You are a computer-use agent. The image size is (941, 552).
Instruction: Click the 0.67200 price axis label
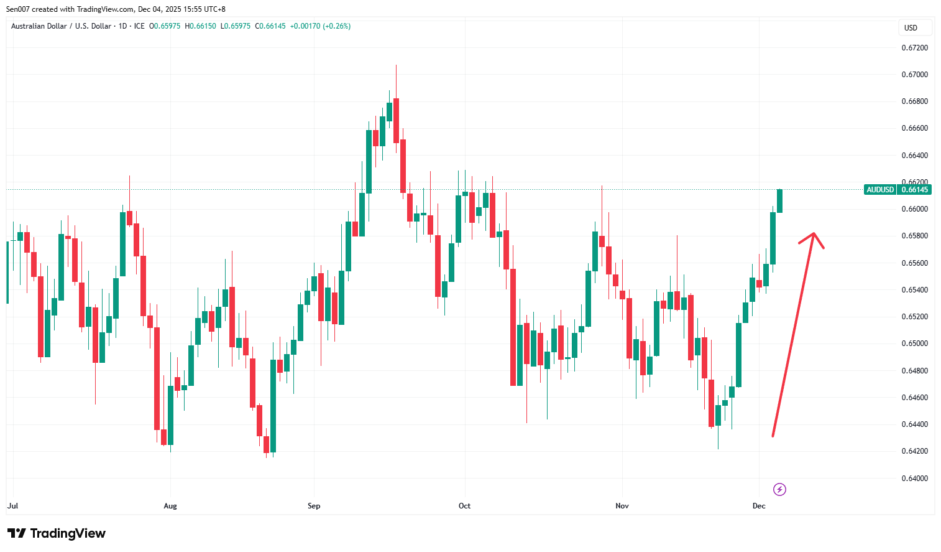pyautogui.click(x=914, y=48)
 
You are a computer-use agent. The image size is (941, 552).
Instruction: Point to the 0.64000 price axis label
pyautogui.click(x=914, y=479)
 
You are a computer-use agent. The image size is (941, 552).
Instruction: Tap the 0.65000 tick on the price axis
pyautogui.click(x=914, y=344)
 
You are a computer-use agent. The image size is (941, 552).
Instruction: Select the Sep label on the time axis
pyautogui.click(x=314, y=506)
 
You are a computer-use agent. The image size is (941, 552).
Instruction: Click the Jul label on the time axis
pyautogui.click(x=12, y=506)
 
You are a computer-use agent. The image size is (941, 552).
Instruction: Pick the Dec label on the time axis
pyautogui.click(x=759, y=506)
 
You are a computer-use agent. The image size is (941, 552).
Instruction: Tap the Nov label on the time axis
pyautogui.click(x=622, y=506)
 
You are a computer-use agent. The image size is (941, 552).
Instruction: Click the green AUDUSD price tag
pyautogui.click(x=880, y=190)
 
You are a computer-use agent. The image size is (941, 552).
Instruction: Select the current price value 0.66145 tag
pyautogui.click(x=914, y=190)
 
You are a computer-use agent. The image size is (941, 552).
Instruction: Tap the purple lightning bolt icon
pyautogui.click(x=779, y=490)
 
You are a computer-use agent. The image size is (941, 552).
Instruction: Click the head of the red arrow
pyautogui.click(x=814, y=235)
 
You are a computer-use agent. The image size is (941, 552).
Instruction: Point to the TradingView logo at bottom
pyautogui.click(x=57, y=533)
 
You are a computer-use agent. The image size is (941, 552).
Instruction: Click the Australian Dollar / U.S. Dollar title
pyautogui.click(x=61, y=26)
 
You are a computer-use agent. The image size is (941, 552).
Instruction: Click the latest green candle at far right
pyautogui.click(x=779, y=201)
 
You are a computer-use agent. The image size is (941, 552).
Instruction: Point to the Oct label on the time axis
pyautogui.click(x=464, y=506)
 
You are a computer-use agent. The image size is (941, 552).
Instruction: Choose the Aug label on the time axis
pyautogui.click(x=170, y=506)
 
